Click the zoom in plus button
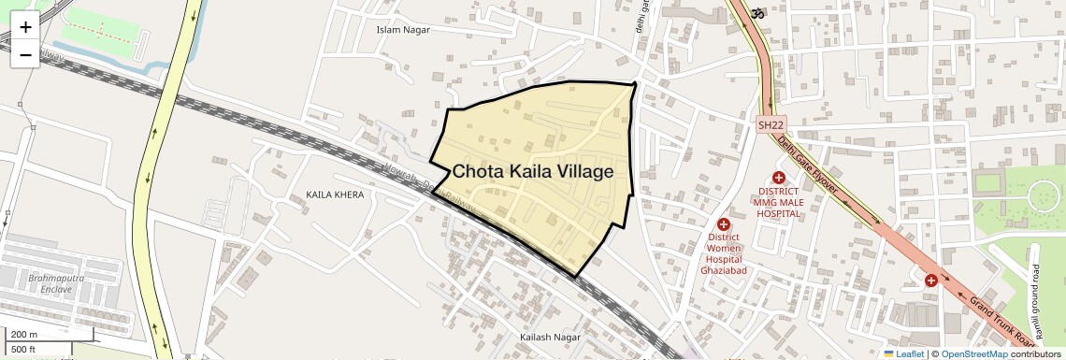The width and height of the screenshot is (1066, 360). click(x=25, y=27)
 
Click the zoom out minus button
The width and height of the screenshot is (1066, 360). click(x=25, y=54)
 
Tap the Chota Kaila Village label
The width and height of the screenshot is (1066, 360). click(x=533, y=172)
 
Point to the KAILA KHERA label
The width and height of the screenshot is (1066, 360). click(x=335, y=194)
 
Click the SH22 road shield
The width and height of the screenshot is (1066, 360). click(x=771, y=124)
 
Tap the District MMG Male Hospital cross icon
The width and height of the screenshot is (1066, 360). click(x=778, y=178)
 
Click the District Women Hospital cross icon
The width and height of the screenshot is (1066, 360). click(x=723, y=224)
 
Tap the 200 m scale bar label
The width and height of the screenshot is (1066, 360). click(x=24, y=335)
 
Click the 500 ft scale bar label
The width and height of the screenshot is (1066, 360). click(x=24, y=350)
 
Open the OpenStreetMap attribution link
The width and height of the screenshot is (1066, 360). click(x=973, y=353)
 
